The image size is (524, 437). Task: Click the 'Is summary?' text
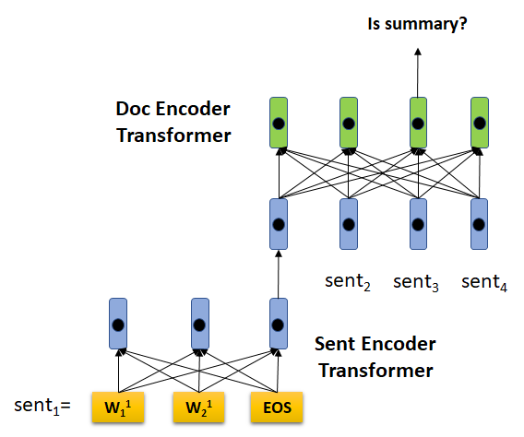[x=417, y=25]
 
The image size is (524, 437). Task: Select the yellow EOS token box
[x=277, y=407]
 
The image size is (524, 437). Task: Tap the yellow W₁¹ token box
[x=118, y=407]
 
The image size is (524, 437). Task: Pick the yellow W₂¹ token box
[x=199, y=407]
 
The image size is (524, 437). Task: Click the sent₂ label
[x=348, y=282]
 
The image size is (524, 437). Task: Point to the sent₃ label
[x=416, y=282]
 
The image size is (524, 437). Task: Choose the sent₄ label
[x=484, y=282]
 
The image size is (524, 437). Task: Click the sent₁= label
[x=42, y=406]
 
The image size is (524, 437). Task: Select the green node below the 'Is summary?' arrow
[x=418, y=123]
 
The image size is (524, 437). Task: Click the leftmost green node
[x=279, y=123]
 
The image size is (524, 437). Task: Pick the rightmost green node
[x=480, y=123]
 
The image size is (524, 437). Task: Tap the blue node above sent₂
[x=349, y=224]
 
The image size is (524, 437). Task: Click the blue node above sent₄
[x=479, y=224]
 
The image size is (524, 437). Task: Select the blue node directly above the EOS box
[x=279, y=324]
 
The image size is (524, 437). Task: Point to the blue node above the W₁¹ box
[x=118, y=324]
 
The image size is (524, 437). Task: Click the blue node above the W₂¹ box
[x=200, y=324]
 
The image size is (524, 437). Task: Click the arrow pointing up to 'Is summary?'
[x=418, y=73]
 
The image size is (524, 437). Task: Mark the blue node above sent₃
[x=418, y=224]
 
